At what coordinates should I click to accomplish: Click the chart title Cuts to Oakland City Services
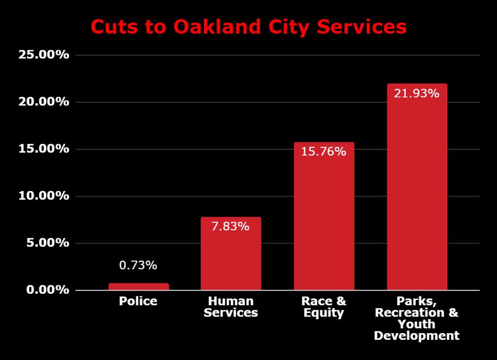point(248,27)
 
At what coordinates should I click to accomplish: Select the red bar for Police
point(139,287)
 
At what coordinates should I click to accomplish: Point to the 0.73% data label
point(138,265)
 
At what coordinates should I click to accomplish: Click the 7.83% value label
point(231,226)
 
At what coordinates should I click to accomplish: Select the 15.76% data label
point(324,152)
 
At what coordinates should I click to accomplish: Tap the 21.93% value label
point(417,93)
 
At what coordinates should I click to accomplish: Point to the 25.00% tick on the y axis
point(43,55)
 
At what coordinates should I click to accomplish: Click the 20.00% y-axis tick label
point(43,102)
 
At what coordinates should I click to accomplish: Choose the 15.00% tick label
point(43,149)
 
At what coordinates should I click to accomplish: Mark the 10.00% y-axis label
point(43,196)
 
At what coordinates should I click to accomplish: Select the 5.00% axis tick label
point(47,243)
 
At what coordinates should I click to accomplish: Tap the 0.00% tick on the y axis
point(47,290)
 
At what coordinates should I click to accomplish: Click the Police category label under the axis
point(138,301)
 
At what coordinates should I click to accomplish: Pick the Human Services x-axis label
point(231,307)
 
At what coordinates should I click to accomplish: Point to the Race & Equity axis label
point(324,307)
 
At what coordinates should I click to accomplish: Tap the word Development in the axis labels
point(417,336)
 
